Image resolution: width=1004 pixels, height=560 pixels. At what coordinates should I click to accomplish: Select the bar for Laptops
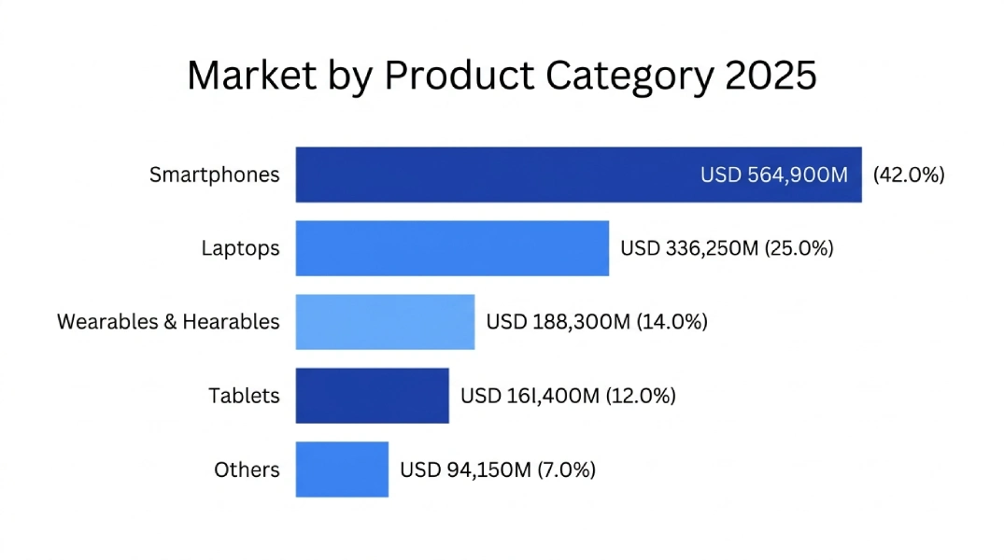tap(452, 248)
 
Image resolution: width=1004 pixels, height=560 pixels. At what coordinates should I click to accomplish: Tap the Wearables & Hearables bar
tap(385, 322)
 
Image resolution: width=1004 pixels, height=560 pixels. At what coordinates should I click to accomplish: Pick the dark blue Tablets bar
tap(372, 396)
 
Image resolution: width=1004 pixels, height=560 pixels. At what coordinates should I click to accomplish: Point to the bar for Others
tap(342, 469)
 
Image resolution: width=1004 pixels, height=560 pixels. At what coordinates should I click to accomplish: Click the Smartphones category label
tap(214, 175)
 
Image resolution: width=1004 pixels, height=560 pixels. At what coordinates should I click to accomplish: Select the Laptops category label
tap(240, 248)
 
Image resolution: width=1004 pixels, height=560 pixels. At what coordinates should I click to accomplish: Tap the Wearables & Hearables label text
tap(168, 322)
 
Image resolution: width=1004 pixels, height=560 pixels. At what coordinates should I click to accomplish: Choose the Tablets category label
tap(244, 396)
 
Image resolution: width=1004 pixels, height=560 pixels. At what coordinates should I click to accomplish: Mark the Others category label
tap(247, 469)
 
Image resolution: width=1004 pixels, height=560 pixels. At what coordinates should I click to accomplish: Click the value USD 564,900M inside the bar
tap(774, 175)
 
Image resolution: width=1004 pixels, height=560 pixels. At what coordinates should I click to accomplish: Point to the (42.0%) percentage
tap(909, 175)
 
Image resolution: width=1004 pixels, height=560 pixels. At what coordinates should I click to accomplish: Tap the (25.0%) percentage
tap(799, 248)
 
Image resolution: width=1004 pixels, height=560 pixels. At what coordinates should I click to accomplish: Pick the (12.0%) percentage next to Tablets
tap(641, 396)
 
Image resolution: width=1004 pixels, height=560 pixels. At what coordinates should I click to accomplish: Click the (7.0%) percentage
tap(566, 469)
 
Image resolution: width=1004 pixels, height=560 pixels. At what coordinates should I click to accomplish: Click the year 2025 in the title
tap(771, 76)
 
